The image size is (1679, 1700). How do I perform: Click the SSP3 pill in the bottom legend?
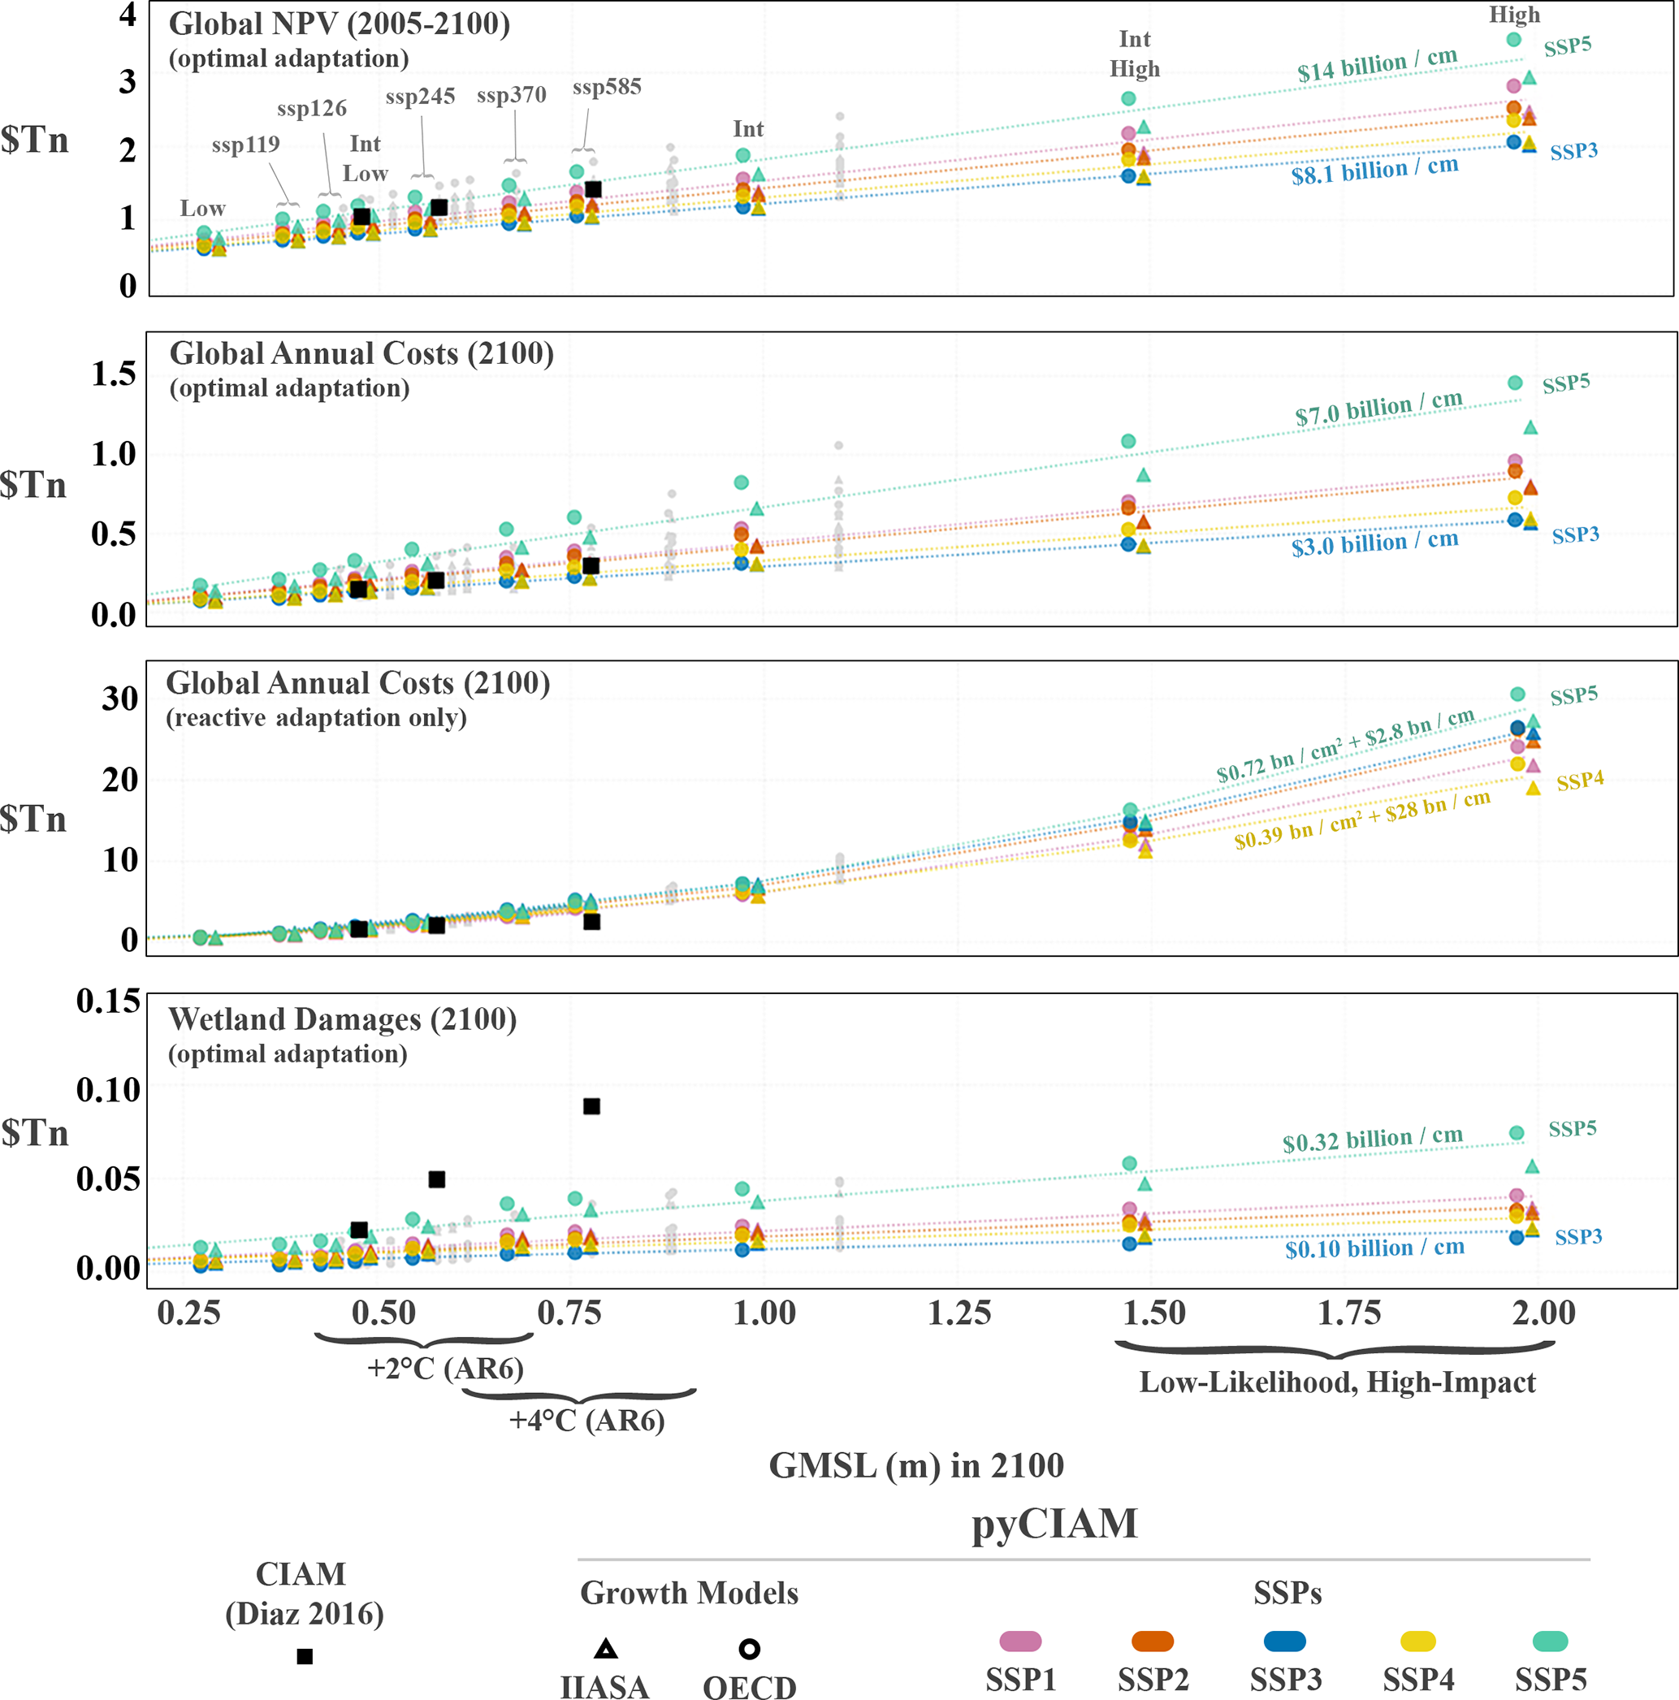coord(1284,1641)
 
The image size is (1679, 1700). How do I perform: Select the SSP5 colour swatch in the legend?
coord(1550,1641)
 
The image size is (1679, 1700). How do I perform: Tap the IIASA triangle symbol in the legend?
coord(605,1648)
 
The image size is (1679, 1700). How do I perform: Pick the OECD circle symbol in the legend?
coord(749,1648)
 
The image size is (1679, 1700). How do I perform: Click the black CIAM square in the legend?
coord(305,1656)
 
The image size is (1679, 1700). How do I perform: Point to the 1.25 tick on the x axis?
coord(959,1313)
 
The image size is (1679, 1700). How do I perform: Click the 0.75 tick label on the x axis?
coord(569,1313)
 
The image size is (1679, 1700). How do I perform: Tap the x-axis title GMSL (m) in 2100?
coord(916,1465)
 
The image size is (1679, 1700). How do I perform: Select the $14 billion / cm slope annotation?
coord(1377,66)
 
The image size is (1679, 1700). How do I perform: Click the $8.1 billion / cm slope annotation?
coord(1374,171)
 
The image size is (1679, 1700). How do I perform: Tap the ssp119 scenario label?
coord(245,145)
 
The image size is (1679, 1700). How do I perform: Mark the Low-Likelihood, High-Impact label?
coord(1337,1382)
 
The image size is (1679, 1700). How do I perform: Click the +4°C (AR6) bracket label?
coord(587,1419)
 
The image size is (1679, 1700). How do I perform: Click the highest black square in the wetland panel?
coord(591,1106)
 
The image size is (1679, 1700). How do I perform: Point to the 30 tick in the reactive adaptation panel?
coord(119,699)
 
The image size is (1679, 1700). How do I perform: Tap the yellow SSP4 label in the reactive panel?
coord(1580,781)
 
